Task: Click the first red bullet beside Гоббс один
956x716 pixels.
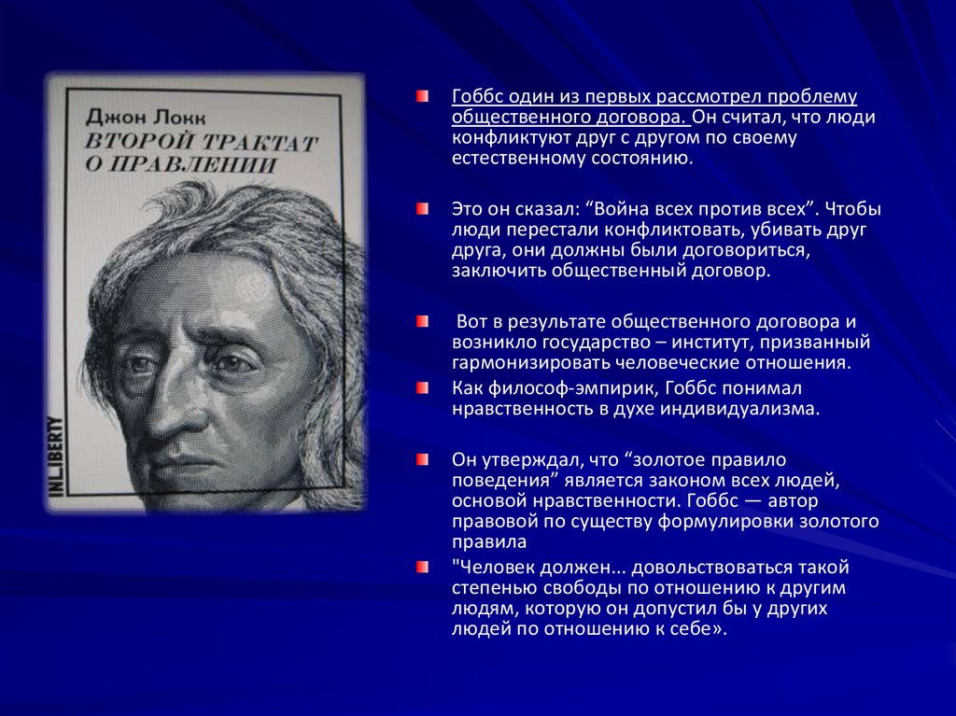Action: tap(423, 97)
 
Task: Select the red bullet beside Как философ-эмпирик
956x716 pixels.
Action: tap(423, 387)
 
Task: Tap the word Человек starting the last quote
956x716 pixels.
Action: tap(494, 567)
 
